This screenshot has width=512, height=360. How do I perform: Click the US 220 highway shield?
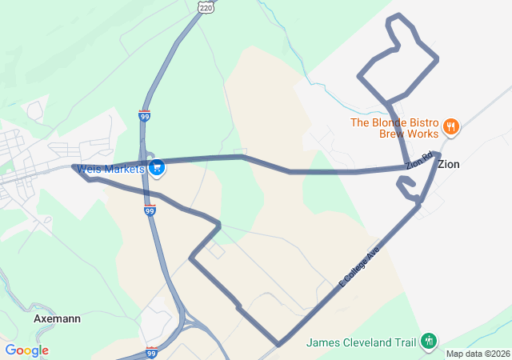(206, 6)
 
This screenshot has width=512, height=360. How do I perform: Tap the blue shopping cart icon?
(157, 167)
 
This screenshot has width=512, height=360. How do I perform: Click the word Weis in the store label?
(92, 168)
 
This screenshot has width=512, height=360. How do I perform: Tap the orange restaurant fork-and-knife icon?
(451, 125)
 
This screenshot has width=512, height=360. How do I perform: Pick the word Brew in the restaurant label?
(393, 134)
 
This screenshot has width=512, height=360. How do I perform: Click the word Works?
(424, 134)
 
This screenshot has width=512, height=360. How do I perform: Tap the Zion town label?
(449, 164)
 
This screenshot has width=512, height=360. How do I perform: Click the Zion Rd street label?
(418, 160)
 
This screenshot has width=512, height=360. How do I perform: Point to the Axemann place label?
(57, 318)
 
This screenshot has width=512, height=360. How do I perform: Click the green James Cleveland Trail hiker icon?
(428, 342)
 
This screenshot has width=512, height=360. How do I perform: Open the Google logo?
(26, 350)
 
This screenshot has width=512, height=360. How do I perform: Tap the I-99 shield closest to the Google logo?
(152, 352)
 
